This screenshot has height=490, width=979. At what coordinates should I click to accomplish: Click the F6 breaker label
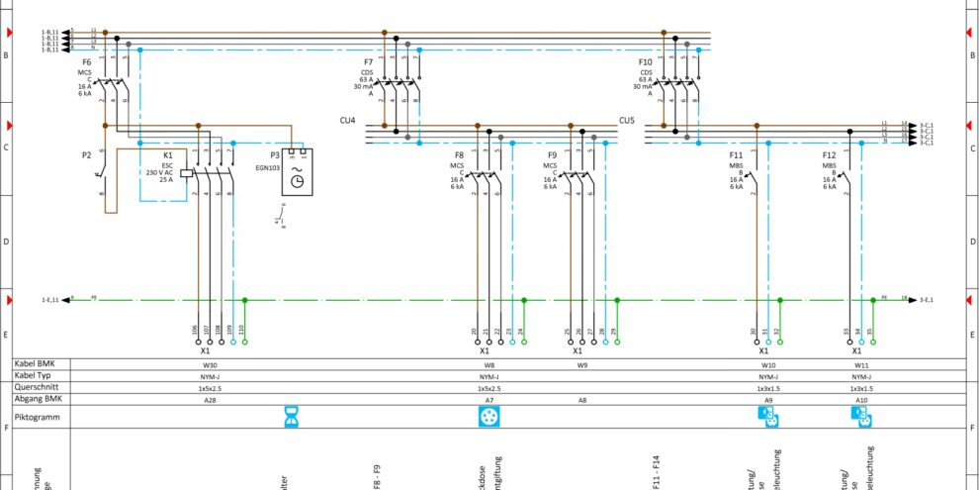[87, 62]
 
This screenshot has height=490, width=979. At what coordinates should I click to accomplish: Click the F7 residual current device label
[368, 62]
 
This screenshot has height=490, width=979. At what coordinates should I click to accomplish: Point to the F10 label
[646, 62]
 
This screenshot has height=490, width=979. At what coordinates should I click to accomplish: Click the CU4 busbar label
[346, 120]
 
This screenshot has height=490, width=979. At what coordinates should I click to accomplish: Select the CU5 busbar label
[627, 120]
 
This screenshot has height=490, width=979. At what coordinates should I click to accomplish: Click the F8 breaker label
[459, 155]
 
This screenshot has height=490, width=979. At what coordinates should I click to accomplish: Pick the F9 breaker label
[552, 155]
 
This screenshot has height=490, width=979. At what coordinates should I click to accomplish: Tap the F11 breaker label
[736, 155]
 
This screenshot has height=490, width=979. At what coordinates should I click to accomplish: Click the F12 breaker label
[829, 155]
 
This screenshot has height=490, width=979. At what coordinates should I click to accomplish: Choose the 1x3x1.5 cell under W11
[861, 388]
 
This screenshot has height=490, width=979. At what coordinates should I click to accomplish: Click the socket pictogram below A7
[488, 418]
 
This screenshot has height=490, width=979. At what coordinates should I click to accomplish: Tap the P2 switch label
[86, 155]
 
